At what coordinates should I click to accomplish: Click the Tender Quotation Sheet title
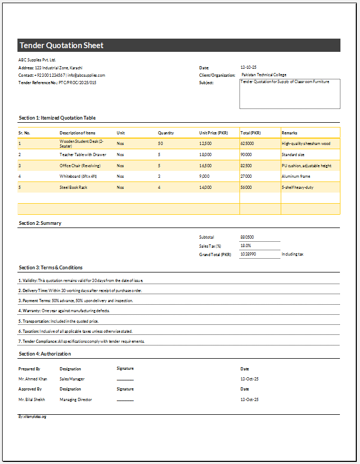coord(62,46)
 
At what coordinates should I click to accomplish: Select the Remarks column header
coord(289,133)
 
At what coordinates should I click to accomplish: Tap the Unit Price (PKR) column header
coord(214,133)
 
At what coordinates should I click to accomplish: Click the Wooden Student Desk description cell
coord(82,143)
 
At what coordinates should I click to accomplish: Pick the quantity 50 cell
coord(160,143)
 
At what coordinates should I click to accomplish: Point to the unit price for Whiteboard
coord(205,176)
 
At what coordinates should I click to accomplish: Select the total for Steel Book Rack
coord(246,187)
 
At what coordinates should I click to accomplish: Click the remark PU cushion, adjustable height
coord(307,166)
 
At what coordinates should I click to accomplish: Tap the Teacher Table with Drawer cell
coord(82,154)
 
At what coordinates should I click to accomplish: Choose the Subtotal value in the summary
coord(247,237)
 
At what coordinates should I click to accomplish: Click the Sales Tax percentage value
coord(246,245)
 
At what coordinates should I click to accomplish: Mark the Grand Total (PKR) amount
coord(248,254)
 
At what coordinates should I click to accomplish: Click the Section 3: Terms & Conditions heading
coord(51,268)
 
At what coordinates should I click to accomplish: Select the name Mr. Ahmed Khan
coord(33,379)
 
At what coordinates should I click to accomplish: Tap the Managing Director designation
coord(76,399)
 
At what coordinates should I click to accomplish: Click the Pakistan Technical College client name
coord(264,75)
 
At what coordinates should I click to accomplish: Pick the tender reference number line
coord(58,83)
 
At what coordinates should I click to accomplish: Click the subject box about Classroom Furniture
coord(290,94)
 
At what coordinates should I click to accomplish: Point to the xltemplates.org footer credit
coord(32,417)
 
